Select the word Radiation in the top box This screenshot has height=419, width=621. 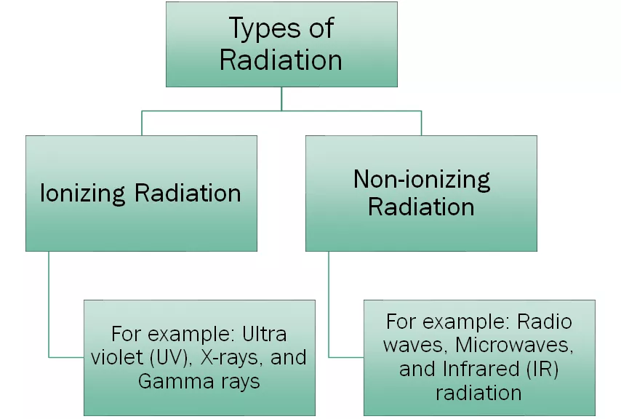pyautogui.click(x=281, y=60)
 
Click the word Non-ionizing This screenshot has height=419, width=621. pyautogui.click(x=422, y=179)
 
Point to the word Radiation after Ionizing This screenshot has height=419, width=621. pyautogui.click(x=188, y=193)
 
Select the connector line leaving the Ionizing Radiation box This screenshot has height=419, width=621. pyautogui.click(x=49, y=306)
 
